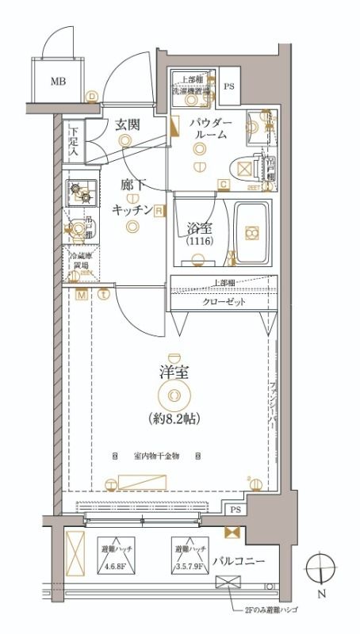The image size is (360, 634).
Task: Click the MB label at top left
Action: pos(59,81)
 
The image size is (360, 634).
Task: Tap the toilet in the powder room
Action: pos(242,169)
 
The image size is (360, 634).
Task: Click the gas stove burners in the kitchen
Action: pos(79,190)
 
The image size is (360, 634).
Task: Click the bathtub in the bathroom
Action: pos(251,231)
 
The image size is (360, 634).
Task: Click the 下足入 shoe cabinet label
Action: pos(73,139)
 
